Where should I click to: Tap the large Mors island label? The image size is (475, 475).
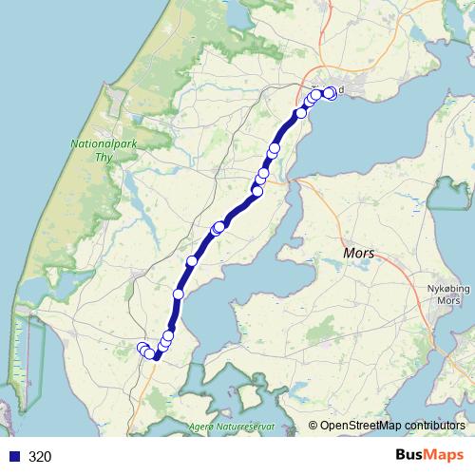(x=358, y=255)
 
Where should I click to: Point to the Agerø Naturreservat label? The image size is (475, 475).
(x=233, y=427)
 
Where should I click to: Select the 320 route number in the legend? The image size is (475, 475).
(x=40, y=456)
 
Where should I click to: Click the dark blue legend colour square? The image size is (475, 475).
(x=13, y=456)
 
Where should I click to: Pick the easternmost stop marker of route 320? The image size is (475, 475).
(x=330, y=92)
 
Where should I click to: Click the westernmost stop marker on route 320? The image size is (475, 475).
(x=142, y=348)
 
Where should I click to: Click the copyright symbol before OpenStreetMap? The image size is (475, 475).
(x=313, y=426)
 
